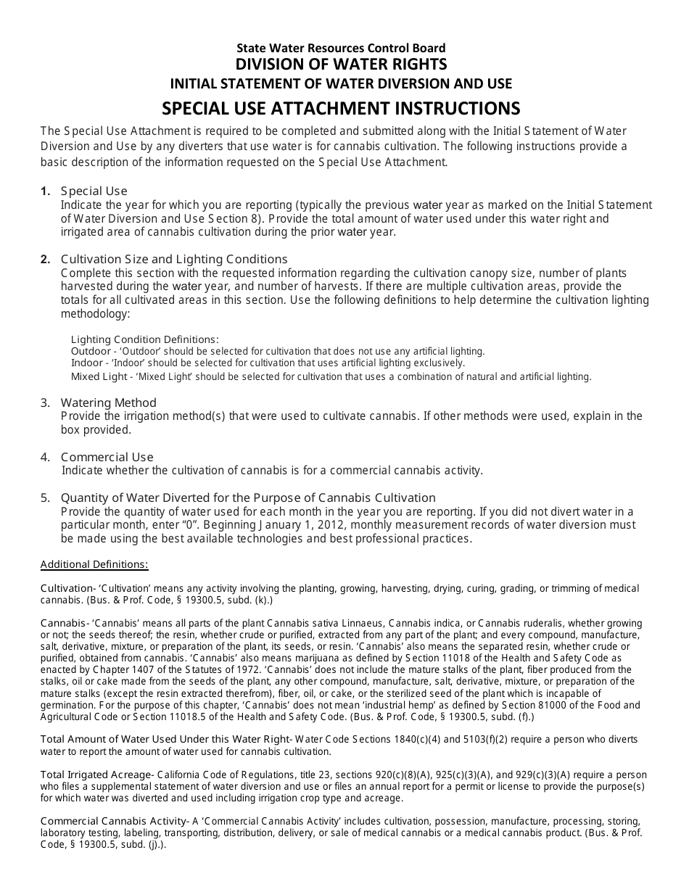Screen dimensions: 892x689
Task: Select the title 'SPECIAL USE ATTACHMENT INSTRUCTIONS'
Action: pyautogui.click(x=341, y=108)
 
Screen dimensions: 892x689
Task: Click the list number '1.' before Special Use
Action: pyautogui.click(x=46, y=191)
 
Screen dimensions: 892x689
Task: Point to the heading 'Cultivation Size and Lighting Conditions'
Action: pyautogui.click(x=174, y=259)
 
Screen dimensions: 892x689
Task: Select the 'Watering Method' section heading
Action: pyautogui.click(x=108, y=402)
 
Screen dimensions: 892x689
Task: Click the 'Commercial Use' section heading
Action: pyautogui.click(x=107, y=457)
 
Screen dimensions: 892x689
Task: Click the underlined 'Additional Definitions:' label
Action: pyautogui.click(x=94, y=564)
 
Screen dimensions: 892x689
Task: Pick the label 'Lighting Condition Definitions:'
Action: pyautogui.click(x=144, y=339)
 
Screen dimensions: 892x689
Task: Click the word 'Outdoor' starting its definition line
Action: pyautogui.click(x=88, y=351)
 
